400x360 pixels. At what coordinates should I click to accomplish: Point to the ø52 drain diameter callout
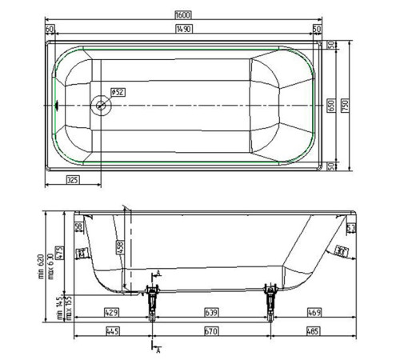pos(117,91)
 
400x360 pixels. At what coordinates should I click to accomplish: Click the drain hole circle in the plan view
pos(102,104)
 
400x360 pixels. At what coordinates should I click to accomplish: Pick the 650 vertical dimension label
pos(330,104)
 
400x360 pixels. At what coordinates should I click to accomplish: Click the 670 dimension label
pos(213,331)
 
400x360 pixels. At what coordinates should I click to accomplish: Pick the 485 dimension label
pos(315,331)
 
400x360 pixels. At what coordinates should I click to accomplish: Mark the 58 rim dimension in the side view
pos(78,228)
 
